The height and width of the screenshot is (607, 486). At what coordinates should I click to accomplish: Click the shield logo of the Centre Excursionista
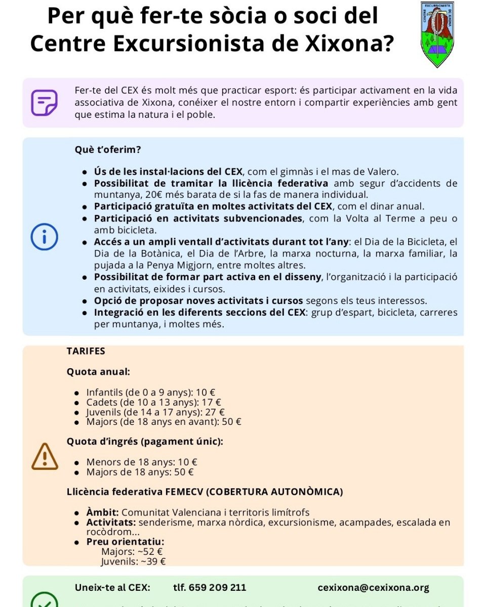coord(437,34)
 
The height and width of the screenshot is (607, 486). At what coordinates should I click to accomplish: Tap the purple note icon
coord(44,103)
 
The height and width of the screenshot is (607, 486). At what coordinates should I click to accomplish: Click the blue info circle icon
coord(44,237)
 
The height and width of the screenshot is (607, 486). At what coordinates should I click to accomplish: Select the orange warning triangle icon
coord(45,456)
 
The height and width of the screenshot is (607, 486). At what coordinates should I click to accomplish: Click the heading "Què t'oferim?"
coord(108,150)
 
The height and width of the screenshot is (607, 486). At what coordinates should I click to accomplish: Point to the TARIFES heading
coord(86,351)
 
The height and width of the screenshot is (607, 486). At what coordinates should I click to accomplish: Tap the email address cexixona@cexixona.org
coord(373,587)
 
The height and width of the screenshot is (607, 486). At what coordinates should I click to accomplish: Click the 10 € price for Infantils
coord(206,392)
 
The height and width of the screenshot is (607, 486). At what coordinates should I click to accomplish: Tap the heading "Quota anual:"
coord(98,372)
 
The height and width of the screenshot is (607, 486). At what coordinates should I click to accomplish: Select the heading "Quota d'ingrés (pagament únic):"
coord(145,442)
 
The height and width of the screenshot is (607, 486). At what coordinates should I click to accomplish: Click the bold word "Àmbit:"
coord(103,512)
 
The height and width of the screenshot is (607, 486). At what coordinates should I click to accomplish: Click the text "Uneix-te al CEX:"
coord(112,587)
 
